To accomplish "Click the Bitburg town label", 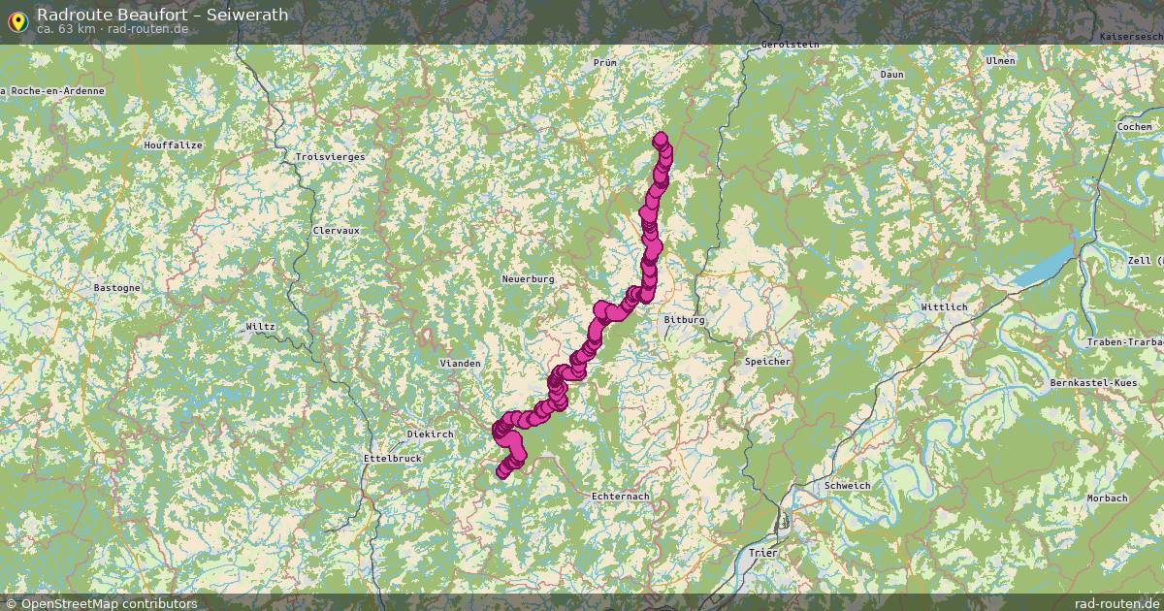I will coord(684,319).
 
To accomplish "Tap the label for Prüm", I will coord(604,62).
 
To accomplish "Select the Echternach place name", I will coord(620,496).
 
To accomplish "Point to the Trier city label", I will coord(763,552).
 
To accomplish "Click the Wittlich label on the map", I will coord(945,307).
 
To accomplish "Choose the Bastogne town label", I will coord(116,288).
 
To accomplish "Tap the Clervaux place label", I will coord(337,231).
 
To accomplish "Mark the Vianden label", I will coord(460,363).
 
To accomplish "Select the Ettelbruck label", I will coord(391,458).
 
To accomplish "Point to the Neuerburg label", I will coord(528,279).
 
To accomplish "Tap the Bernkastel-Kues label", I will coord(1093,383).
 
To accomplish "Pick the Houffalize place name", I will coord(173,145).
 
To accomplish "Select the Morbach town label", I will coord(1107,498).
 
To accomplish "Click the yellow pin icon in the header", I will coord(17,20).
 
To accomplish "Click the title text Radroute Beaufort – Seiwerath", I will coord(162,15).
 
